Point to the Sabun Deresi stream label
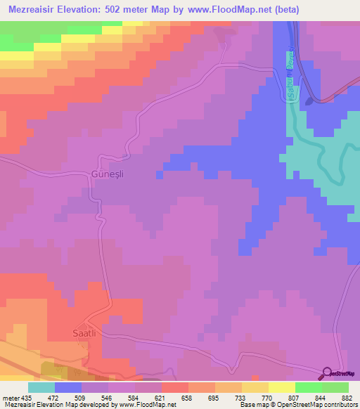point(290,74)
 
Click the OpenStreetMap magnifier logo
point(328,372)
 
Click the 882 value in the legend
point(348,398)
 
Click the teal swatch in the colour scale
point(41,387)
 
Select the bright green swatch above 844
point(308,387)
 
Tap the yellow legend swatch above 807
point(281,387)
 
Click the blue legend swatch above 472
point(68,387)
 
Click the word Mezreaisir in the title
point(36,9)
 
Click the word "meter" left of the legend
point(10,398)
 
